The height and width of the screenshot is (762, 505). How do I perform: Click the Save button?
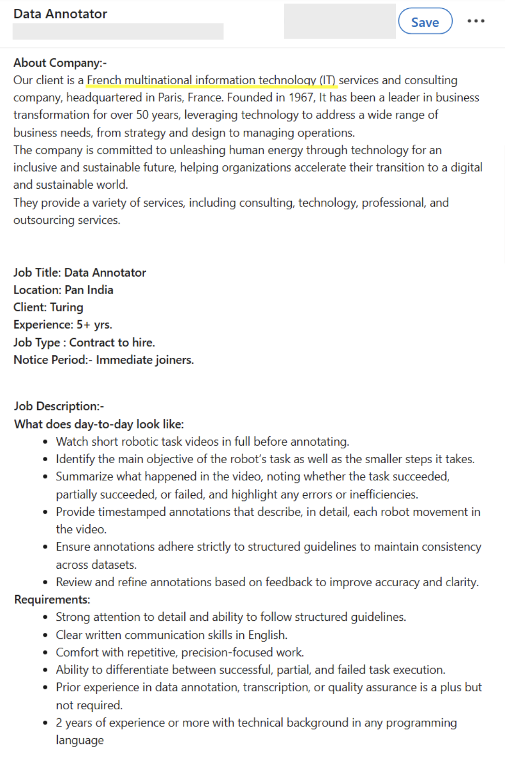425,22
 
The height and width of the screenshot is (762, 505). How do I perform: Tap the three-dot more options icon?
476,21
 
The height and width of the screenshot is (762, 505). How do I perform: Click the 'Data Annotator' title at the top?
60,14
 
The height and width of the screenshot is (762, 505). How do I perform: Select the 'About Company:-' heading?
60,63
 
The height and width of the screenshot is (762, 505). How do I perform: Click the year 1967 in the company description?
301,98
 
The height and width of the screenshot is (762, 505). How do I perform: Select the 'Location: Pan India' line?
63,290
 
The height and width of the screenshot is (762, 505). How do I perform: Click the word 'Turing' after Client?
66,308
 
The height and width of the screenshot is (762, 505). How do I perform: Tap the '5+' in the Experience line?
83,325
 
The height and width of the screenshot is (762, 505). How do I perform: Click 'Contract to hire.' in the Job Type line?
112,343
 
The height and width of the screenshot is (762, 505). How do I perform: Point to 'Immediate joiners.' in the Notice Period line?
145,360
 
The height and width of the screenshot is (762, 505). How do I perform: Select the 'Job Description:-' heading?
59,406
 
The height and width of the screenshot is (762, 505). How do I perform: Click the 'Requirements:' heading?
52,600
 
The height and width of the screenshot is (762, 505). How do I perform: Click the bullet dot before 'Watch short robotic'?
45,442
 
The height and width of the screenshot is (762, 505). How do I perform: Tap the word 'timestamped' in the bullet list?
132,512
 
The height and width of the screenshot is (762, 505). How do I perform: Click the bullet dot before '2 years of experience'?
45,723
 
